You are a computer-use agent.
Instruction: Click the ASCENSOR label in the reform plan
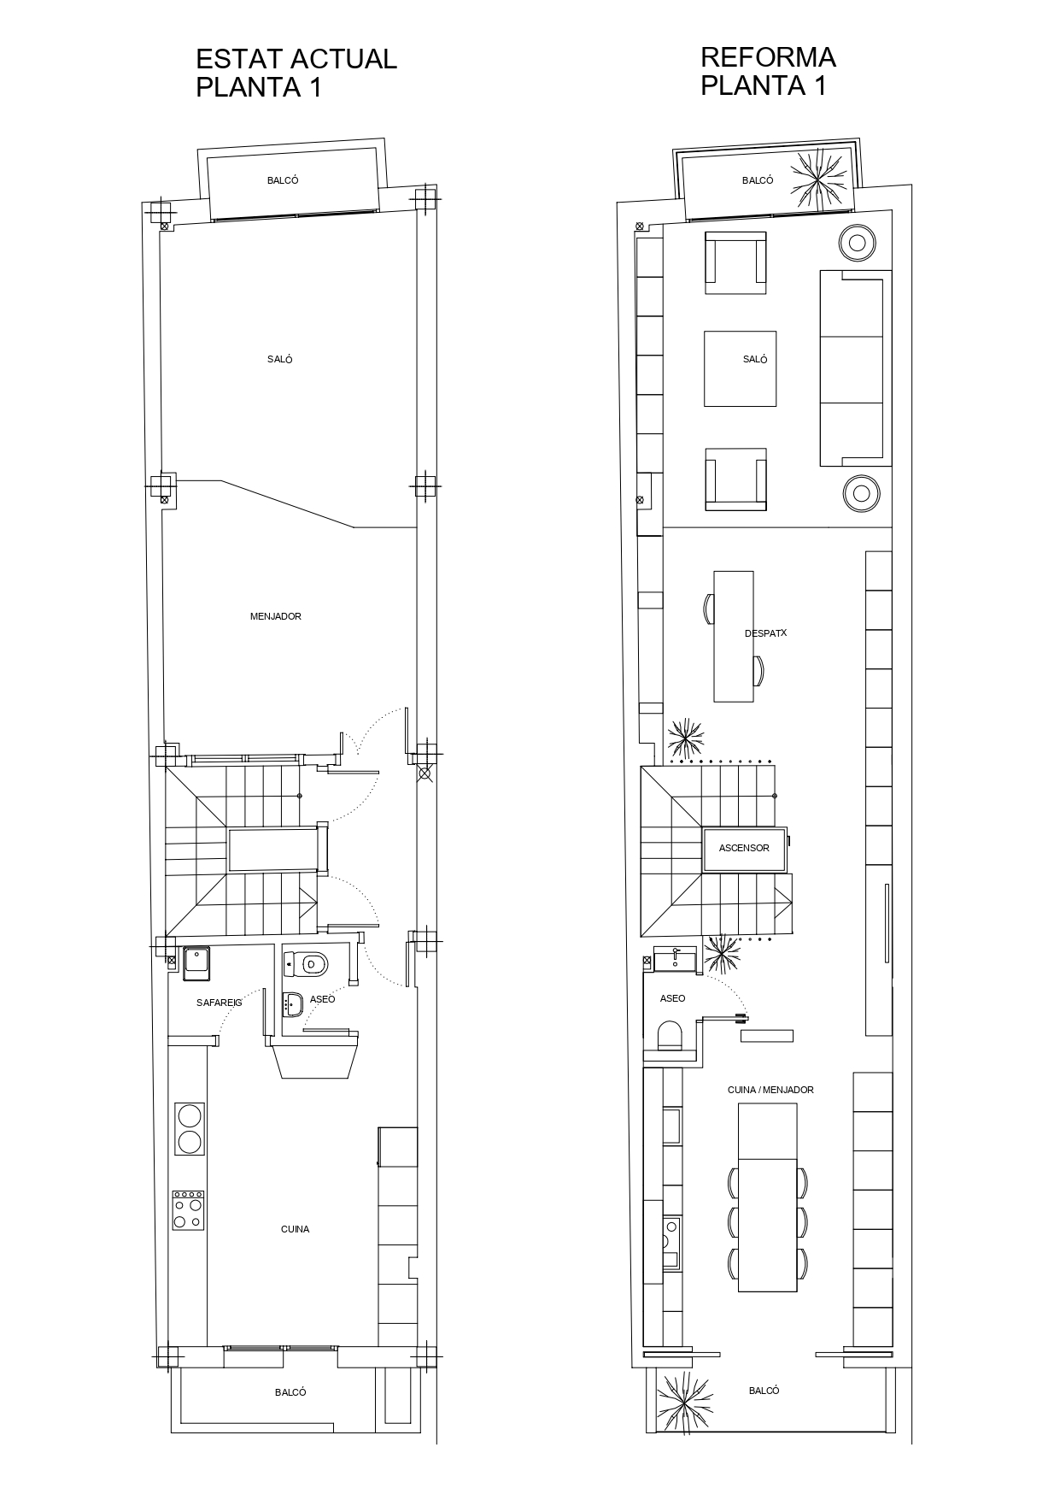pos(744,849)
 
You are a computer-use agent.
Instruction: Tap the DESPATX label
pos(765,633)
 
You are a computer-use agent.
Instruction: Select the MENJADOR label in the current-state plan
pos(276,616)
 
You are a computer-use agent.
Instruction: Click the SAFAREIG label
pos(220,1003)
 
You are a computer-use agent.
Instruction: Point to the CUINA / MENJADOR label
pos(770,1090)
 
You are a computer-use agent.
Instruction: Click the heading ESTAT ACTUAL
pos(296,59)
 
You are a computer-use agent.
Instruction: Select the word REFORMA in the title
pos(768,57)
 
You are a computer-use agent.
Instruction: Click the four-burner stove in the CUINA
pos(189,1210)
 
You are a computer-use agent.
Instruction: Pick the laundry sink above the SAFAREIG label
pos(197,964)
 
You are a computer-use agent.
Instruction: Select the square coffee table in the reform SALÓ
pos(740,368)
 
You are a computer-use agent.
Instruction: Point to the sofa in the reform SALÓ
pos(855,368)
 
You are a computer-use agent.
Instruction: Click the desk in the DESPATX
pos(734,636)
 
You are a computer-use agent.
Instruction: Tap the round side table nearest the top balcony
pos(858,243)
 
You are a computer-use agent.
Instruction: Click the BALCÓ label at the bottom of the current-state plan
pos(290,1392)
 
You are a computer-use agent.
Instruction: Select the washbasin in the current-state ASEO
pos(292,1004)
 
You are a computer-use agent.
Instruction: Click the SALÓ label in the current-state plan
pos(280,360)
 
